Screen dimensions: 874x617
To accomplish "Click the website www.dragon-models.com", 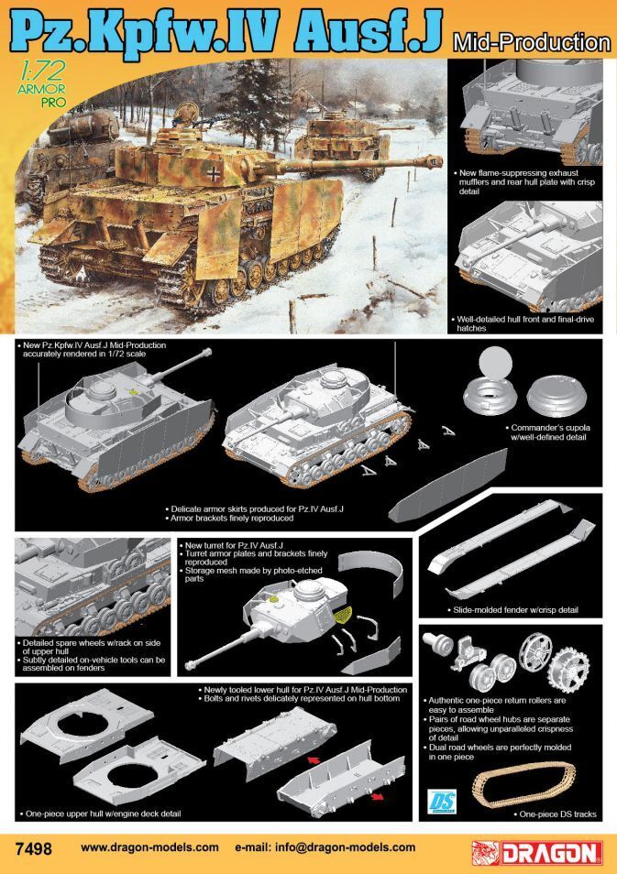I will [x=149, y=848].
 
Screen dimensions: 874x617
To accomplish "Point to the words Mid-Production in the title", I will [x=530, y=42].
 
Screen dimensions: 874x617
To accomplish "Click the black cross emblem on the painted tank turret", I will [x=214, y=170].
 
